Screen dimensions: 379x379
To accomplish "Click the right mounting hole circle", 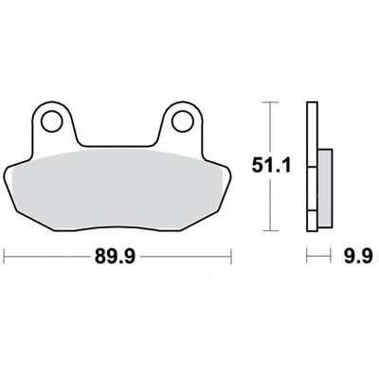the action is click(183, 121).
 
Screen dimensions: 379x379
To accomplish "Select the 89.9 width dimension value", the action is click(116, 257).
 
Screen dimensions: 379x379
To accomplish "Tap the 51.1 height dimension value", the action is click(271, 166).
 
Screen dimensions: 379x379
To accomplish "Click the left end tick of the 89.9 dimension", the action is click(4, 257).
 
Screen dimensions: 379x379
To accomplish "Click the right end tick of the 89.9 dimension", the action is click(231, 257).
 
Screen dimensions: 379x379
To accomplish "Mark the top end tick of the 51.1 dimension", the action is click(270, 102).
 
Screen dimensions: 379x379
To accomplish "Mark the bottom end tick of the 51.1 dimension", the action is click(270, 231).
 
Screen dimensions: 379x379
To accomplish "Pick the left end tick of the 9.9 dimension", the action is click(307, 256).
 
